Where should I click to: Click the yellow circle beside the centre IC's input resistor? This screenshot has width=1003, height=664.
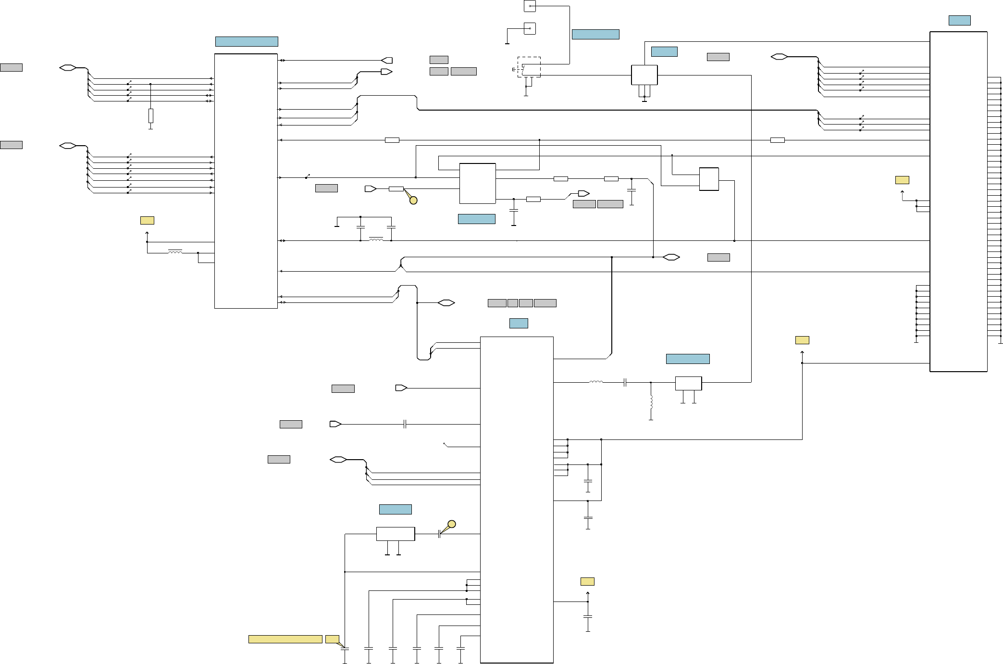click(413, 200)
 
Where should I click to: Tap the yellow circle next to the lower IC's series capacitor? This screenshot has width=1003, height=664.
click(452, 524)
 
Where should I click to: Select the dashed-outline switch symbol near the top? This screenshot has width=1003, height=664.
click(529, 67)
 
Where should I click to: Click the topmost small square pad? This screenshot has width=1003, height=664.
click(530, 6)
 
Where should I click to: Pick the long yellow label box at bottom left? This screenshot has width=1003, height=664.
click(285, 639)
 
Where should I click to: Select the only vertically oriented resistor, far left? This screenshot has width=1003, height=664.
click(150, 116)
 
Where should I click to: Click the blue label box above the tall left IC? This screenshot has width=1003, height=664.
click(247, 41)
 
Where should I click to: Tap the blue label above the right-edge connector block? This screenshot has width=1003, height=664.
click(959, 20)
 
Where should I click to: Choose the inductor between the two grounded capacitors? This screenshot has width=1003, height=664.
click(376, 239)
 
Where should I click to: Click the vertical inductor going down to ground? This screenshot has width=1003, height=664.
click(651, 402)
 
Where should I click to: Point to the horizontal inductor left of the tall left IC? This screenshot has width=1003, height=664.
click(175, 251)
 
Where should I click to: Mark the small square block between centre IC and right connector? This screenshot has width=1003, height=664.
click(709, 179)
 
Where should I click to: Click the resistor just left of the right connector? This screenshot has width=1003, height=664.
click(777, 140)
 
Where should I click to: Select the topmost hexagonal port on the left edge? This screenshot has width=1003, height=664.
click(68, 68)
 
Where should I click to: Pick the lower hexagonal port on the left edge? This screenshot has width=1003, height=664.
click(68, 146)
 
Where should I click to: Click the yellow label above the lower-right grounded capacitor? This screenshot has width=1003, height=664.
click(587, 581)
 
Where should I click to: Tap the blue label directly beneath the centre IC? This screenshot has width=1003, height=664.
click(476, 219)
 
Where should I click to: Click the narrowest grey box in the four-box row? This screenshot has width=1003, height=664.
click(512, 303)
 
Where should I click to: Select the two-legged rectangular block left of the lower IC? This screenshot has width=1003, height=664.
click(395, 534)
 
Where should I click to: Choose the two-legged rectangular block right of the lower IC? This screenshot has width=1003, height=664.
click(688, 383)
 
